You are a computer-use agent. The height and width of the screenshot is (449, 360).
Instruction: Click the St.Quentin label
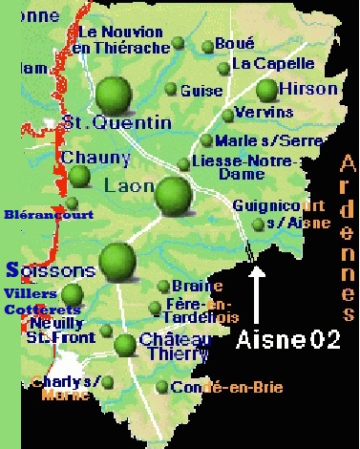pos(116,122)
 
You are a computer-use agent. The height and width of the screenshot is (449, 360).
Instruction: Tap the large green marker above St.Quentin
pos(114,94)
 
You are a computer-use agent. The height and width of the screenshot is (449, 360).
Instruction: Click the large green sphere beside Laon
pos(173,195)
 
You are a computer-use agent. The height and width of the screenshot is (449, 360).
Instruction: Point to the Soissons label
pos(50,270)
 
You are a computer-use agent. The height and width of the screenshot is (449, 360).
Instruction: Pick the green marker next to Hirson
pos(266,90)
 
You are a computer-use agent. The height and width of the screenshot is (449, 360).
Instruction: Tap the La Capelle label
pos(273,64)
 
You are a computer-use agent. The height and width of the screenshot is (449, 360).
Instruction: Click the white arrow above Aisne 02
pos(257,297)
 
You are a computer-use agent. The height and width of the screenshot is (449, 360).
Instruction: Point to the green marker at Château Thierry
pos(125,345)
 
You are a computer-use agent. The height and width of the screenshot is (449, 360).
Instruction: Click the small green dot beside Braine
pos(163,286)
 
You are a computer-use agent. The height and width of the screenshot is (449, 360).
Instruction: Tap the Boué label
pos(235,43)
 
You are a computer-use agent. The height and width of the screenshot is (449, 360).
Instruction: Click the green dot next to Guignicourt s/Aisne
pos(258,224)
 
